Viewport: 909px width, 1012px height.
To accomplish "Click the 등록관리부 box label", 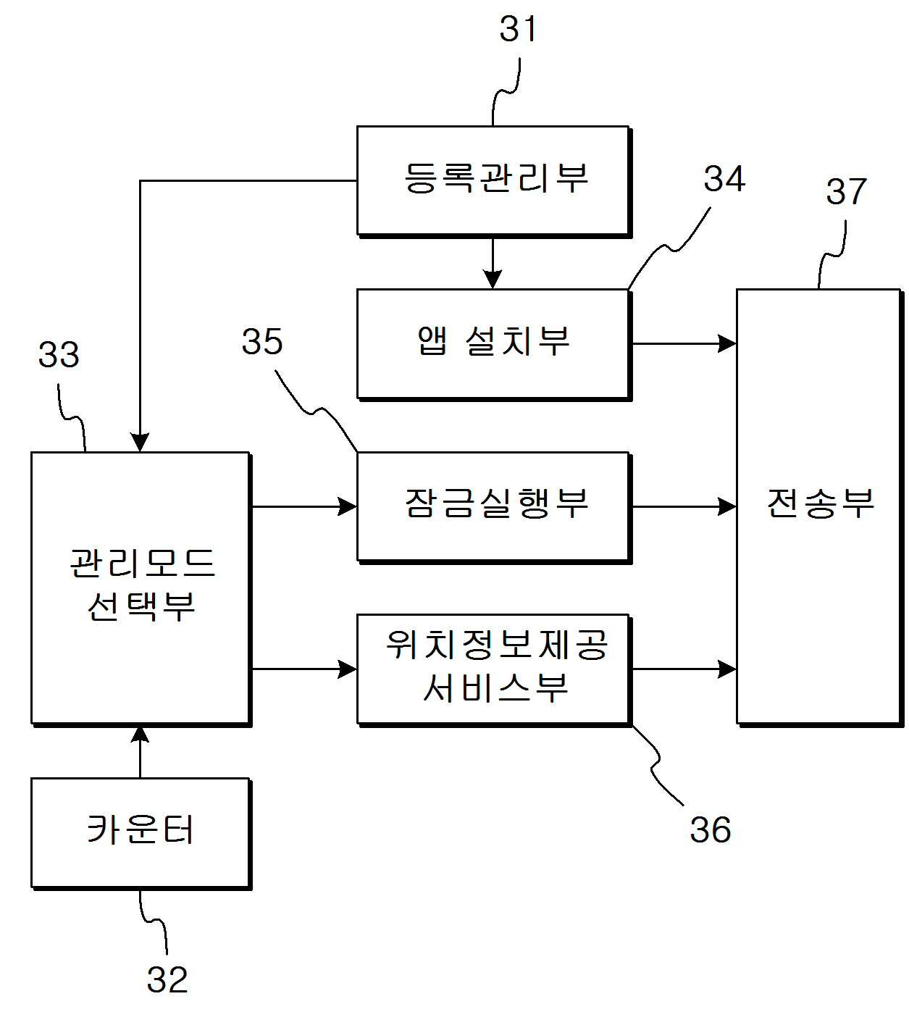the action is tap(496, 178).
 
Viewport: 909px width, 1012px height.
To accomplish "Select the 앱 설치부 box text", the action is tap(493, 341).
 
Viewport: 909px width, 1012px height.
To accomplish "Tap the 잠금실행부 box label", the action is tap(496, 503).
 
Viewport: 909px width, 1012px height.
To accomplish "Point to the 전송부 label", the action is tap(820, 503).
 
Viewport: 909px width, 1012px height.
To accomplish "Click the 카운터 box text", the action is tap(141, 829).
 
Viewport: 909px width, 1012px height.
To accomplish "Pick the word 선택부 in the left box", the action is tap(141, 606).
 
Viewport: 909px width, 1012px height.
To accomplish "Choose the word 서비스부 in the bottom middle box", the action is tap(496, 687).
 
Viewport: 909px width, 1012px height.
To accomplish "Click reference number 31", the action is tap(518, 29).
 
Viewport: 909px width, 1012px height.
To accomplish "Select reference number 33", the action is tap(59, 355).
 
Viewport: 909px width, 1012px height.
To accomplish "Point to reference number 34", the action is tap(724, 178).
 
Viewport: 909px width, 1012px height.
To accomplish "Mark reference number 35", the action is tap(262, 341).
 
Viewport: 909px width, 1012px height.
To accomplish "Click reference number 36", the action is tap(711, 829).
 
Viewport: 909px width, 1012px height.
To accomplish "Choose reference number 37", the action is tap(846, 191).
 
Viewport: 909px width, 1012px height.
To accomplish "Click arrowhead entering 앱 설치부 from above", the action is tap(493, 280).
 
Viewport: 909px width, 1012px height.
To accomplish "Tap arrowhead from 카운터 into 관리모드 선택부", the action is tap(140, 735).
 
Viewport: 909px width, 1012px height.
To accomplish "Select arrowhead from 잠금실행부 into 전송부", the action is tap(727, 506).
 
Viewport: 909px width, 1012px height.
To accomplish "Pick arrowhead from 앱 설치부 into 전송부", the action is tap(727, 343).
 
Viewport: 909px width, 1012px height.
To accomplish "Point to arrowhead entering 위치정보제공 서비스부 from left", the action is tap(348, 669).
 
